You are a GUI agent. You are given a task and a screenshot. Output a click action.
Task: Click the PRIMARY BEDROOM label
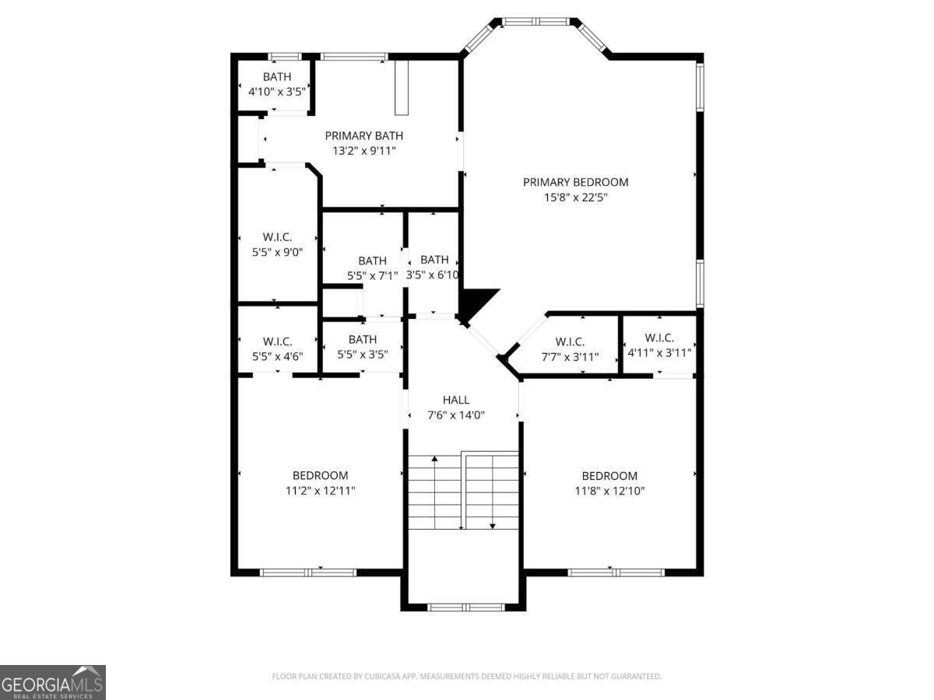coord(575,182)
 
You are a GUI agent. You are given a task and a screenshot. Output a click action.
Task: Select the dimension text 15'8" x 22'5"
coord(575,198)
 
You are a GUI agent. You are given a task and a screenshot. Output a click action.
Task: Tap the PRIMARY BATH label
coord(363,135)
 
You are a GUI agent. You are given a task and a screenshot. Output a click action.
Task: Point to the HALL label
coord(455,400)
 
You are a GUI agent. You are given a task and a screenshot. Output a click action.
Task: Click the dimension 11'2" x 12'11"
coord(320,491)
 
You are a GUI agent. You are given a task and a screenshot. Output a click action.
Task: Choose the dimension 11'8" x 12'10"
coord(609,491)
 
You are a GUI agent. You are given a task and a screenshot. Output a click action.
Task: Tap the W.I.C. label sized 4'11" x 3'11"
coord(659,338)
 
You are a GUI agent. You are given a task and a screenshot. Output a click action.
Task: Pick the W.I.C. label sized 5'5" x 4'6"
coord(277,341)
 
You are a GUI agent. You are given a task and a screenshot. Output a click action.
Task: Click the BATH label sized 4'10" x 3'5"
coord(276,76)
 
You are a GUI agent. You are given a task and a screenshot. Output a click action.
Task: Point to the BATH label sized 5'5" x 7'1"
coord(372,261)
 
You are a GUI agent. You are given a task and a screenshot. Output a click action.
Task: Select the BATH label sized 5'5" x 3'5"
coord(363,339)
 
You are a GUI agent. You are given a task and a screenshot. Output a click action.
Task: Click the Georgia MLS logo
coord(52,682)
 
